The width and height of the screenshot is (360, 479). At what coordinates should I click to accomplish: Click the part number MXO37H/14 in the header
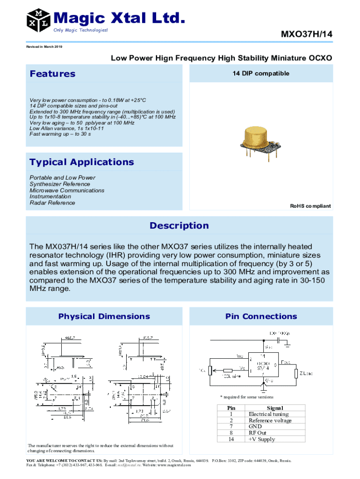coord(306,34)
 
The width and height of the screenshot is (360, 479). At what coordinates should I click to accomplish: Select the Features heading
coord(52,74)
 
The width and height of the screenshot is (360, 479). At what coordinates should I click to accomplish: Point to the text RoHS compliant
coord(310,206)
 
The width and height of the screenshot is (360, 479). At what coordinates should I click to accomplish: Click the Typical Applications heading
coord(81,162)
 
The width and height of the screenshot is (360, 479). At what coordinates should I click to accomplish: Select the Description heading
coord(179,226)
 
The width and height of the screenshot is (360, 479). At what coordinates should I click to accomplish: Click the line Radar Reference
coord(52,203)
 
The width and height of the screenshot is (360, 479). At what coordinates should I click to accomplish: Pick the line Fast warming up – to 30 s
coord(60,134)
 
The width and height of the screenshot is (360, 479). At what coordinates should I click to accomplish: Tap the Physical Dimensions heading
coord(104,317)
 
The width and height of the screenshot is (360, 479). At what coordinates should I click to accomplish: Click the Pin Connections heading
coord(261,317)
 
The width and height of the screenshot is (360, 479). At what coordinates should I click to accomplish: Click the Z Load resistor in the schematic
coord(296,373)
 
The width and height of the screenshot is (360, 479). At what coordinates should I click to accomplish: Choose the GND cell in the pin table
coord(255,427)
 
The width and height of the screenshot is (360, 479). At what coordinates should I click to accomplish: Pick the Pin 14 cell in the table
coord(230,439)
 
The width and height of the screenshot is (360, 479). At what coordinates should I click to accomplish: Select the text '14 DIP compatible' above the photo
coord(261,74)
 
